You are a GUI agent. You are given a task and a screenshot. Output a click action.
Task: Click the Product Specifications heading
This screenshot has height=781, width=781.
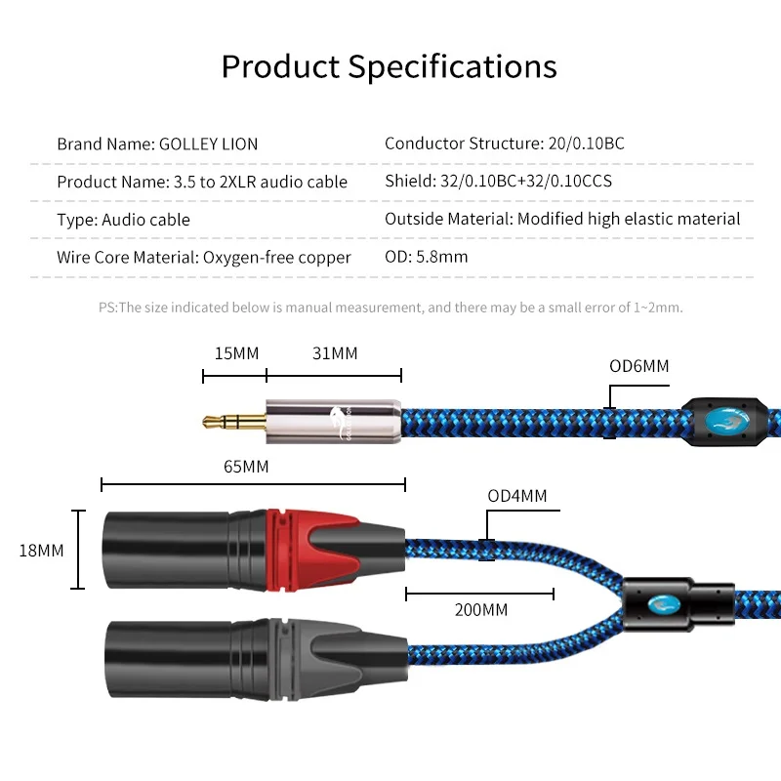click(389, 66)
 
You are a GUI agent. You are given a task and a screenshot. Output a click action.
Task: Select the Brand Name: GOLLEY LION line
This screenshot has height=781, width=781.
click(157, 144)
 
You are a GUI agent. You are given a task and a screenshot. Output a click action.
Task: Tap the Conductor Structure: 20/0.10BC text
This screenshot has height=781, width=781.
click(504, 144)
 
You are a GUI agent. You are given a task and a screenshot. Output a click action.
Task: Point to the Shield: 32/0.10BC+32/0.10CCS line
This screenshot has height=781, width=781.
click(498, 182)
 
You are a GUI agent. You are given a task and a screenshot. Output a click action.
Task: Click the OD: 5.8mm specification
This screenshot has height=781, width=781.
click(426, 258)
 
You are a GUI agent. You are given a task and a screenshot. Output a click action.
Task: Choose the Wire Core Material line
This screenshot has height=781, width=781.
click(203, 258)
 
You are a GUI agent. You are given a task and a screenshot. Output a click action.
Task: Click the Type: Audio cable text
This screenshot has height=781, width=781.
click(123, 220)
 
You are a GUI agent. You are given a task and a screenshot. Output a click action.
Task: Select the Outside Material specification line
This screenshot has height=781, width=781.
click(562, 220)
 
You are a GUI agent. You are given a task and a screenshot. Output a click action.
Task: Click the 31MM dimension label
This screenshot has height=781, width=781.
click(335, 353)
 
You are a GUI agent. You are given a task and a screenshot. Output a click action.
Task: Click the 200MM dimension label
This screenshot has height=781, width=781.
click(480, 610)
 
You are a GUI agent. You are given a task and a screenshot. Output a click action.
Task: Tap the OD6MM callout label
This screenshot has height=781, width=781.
click(639, 367)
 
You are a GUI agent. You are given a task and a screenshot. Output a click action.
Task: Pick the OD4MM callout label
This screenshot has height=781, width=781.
click(517, 496)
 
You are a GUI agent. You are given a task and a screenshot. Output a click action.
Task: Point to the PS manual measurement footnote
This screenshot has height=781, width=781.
click(390, 308)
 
